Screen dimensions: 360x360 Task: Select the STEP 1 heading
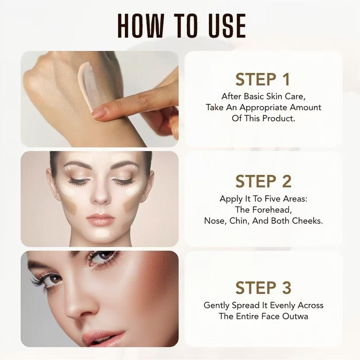coord(263,80)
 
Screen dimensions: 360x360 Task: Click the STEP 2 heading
coord(263,181)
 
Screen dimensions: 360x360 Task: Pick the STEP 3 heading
coord(263,288)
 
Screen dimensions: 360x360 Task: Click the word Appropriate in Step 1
coord(263,107)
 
